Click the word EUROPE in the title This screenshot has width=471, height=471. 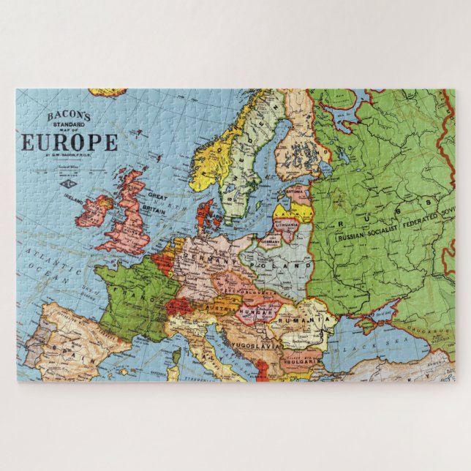69,141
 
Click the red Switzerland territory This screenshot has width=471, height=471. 177,305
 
